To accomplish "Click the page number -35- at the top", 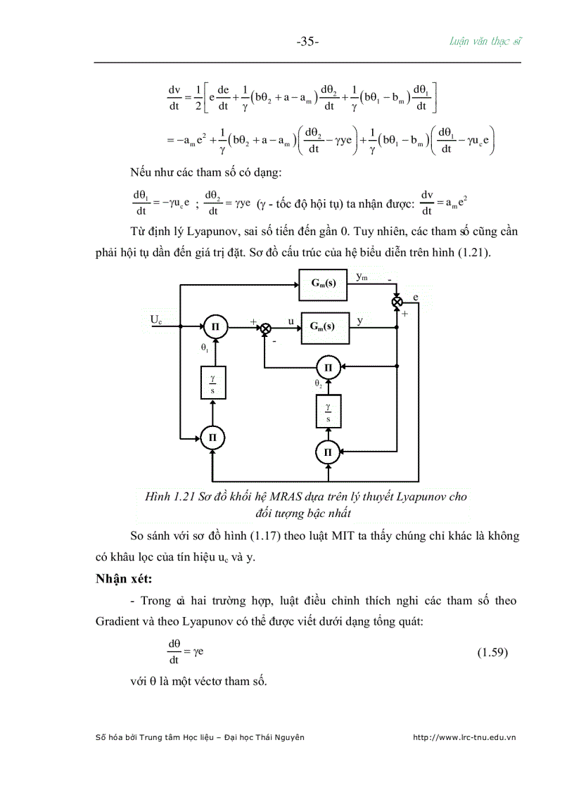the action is pyautogui.click(x=307, y=42).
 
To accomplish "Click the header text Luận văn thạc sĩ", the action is pyautogui.click(x=486, y=41).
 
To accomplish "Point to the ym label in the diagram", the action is pyautogui.click(x=361, y=276).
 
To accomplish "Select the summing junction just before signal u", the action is pyautogui.click(x=265, y=327).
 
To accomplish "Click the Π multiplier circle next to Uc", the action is pyautogui.click(x=215, y=326).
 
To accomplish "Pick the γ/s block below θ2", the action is pyautogui.click(x=327, y=411).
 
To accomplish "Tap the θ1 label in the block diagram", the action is pyautogui.click(x=205, y=348).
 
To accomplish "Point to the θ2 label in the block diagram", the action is pyautogui.click(x=318, y=386).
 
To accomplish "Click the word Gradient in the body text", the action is pyautogui.click(x=121, y=621).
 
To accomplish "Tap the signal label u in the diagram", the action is pyautogui.click(x=290, y=320).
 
